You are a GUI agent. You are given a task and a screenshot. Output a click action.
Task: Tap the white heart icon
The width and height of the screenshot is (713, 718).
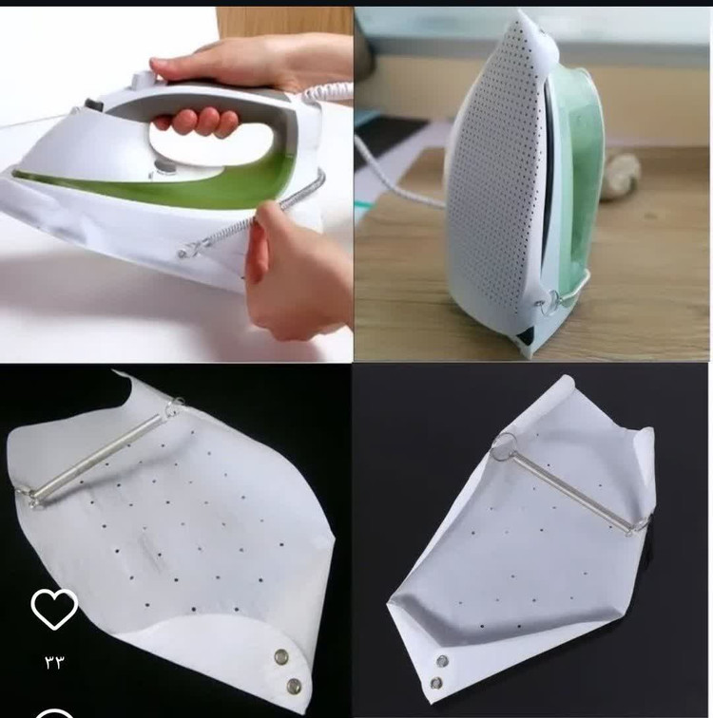54,609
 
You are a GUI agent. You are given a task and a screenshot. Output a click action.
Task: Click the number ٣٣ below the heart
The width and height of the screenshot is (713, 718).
54,662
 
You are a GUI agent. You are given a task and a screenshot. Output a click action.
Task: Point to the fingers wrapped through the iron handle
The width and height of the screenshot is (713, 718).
197,122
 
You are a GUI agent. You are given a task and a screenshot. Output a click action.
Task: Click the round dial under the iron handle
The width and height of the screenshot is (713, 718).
162,166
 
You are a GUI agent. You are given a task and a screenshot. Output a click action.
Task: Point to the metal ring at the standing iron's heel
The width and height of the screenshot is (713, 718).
549,302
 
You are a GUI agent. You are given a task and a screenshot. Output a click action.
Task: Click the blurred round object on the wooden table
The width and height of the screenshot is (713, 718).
620,177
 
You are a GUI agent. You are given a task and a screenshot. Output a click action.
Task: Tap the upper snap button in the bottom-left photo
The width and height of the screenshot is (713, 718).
280,657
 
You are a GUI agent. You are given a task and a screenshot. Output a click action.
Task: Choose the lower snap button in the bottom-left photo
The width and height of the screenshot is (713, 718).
294,686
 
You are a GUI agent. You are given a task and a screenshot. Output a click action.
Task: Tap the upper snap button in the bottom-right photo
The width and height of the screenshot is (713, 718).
442,661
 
